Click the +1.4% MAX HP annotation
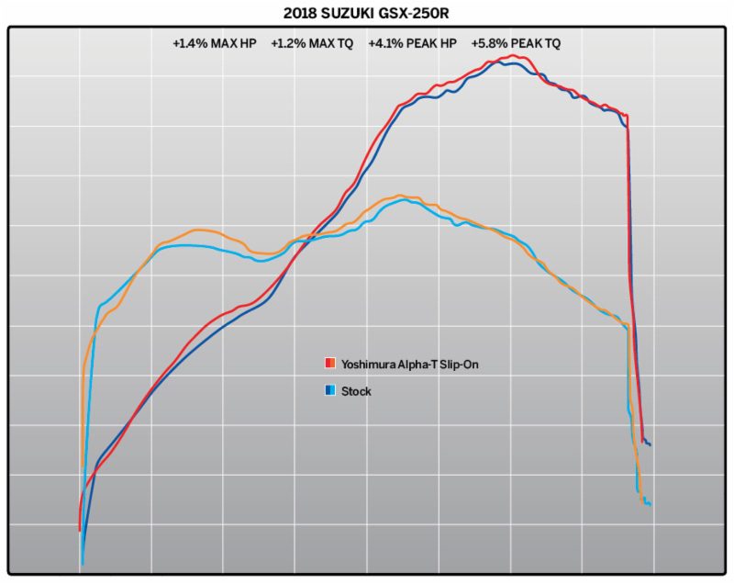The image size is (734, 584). coord(215,43)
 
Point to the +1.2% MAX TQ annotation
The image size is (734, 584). coord(313,43)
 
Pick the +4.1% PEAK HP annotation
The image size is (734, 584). coord(413,43)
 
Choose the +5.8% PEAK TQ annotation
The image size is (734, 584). coord(516,43)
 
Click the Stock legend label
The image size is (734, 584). coord(356,391)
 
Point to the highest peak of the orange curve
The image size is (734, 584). coord(400,196)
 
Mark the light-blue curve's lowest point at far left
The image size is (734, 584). coord(83,564)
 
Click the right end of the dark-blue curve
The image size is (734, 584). coord(650,444)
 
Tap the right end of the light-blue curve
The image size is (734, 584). coord(650,504)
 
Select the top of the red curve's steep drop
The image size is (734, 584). coord(627,116)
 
